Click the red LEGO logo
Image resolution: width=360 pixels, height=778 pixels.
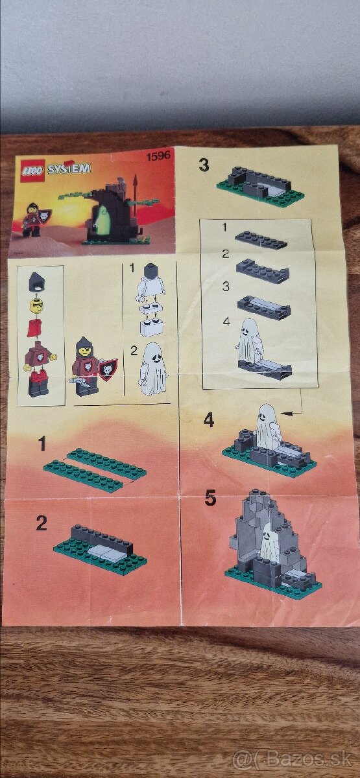coord(35,169)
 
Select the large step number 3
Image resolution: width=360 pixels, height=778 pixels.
coord(204,165)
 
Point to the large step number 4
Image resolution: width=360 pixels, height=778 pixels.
coord(208,420)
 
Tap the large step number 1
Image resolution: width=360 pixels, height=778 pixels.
coord(42,444)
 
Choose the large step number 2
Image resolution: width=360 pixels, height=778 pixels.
coord(42,523)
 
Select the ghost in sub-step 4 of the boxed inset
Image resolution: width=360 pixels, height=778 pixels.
coord(250,341)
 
